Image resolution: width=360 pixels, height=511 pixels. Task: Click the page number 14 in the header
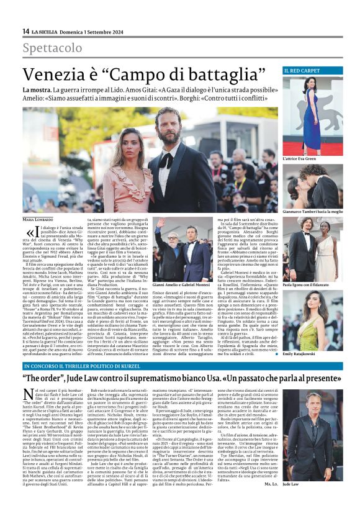pyautogui.click(x=25, y=31)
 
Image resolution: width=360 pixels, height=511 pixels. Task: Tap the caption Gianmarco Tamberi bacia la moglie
pyautogui.click(x=313, y=212)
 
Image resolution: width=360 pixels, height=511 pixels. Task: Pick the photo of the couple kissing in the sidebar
pyautogui.click(x=313, y=186)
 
